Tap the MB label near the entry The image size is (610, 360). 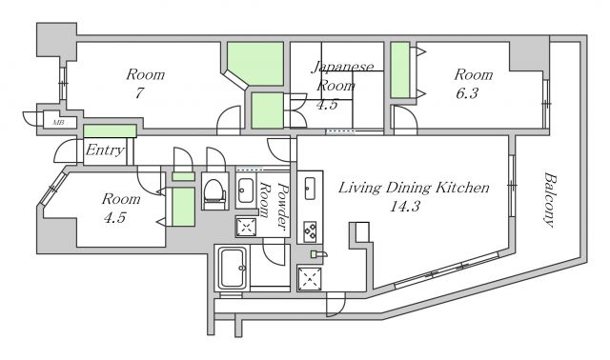59,123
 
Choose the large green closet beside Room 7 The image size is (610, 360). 258,63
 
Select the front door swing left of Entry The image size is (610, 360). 66,150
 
